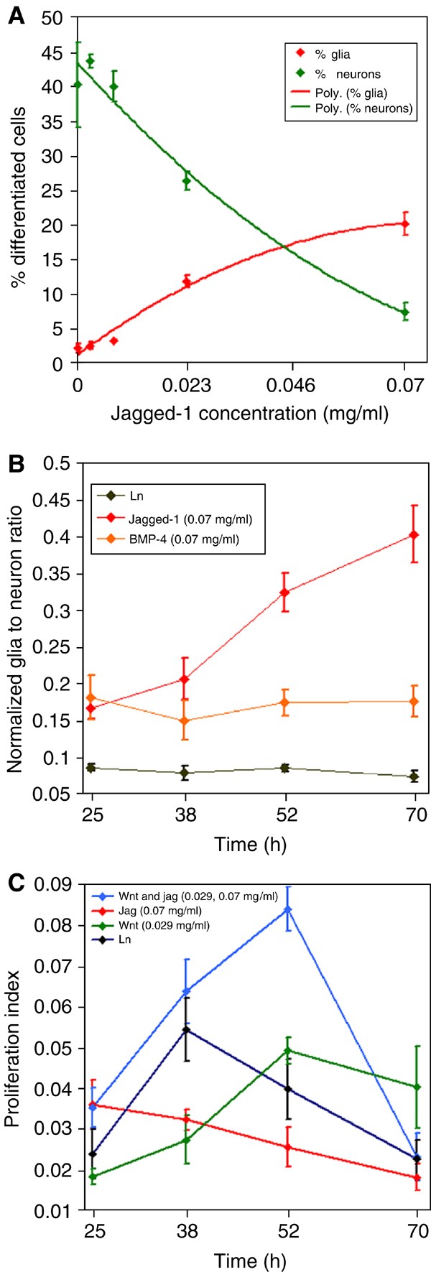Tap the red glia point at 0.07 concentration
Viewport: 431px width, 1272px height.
click(405, 223)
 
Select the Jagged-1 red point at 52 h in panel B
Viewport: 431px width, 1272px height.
click(285, 593)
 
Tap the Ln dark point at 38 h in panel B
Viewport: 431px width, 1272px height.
click(185, 774)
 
